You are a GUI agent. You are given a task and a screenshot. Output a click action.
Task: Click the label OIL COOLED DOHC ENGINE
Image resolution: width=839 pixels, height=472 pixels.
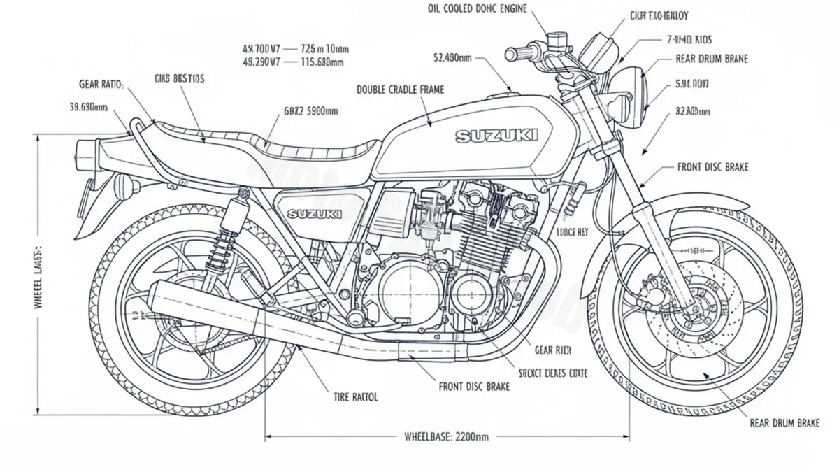477,9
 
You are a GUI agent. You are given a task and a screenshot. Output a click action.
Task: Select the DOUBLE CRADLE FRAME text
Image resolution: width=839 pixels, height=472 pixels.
400,90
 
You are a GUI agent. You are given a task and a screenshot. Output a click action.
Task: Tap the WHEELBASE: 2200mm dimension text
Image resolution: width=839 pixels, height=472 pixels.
447,437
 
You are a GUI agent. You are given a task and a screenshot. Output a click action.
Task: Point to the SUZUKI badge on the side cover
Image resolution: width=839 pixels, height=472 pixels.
315,213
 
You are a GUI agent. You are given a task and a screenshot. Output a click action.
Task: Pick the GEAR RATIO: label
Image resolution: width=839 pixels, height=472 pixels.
101,84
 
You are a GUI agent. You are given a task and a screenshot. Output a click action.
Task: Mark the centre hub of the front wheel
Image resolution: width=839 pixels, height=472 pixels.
692,308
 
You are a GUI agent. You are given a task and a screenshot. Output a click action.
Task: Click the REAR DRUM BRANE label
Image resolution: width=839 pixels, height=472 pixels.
712,59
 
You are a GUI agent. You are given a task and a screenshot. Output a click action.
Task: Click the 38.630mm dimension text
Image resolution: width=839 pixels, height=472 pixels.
88,108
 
